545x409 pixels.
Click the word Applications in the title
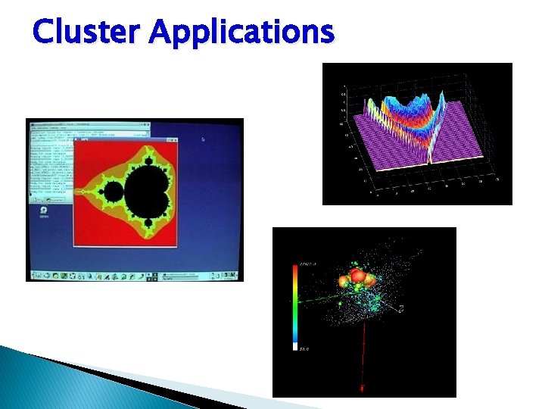coord(241,32)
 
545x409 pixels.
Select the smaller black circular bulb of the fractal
coord(113,195)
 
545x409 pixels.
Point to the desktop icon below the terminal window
coord(44,211)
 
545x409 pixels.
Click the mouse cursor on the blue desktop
coord(203,139)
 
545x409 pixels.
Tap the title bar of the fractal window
coord(125,141)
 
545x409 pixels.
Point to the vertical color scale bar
coord(295,303)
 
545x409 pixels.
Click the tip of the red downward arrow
coord(362,390)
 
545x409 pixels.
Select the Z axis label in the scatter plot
coord(401,308)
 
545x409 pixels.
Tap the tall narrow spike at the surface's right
coord(429,151)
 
